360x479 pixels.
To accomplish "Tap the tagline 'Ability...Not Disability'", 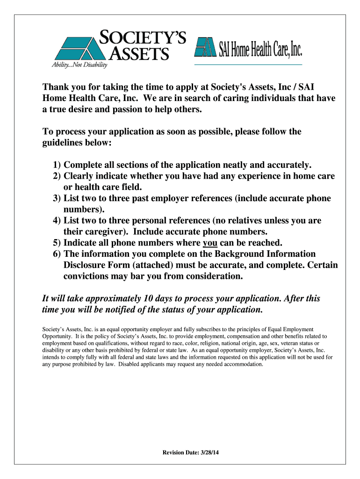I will pos(79,65).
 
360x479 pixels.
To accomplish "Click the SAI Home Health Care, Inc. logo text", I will pos(260,47).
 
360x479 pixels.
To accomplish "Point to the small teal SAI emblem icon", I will pos(206,47).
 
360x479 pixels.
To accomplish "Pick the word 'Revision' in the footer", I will pos(174,452).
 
